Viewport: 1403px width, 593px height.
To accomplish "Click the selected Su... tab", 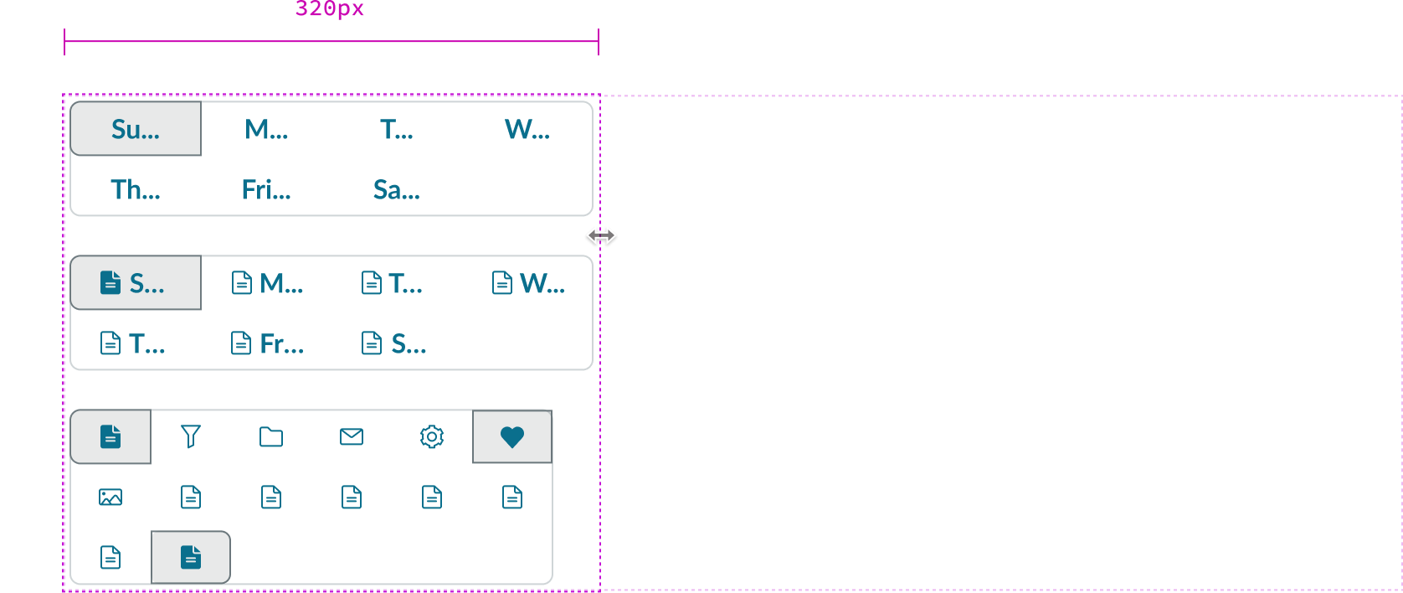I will (x=136, y=129).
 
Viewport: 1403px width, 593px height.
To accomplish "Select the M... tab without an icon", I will (x=266, y=129).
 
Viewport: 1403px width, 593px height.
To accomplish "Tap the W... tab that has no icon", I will (x=527, y=129).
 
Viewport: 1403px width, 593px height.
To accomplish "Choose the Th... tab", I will (x=136, y=189).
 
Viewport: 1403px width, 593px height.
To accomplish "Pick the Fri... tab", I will (x=266, y=189).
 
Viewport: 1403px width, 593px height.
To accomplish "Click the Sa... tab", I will (x=397, y=189).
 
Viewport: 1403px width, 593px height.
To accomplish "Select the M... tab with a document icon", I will (x=266, y=283).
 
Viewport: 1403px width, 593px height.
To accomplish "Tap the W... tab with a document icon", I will (x=527, y=283).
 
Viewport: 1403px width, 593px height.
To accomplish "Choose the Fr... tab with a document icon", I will (x=266, y=343).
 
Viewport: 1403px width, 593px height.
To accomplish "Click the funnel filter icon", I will (x=191, y=436).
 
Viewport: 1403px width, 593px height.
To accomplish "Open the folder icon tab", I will (x=271, y=436).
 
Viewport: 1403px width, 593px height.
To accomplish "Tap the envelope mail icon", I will (x=352, y=436).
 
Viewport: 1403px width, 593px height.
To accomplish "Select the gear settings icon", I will (x=432, y=436).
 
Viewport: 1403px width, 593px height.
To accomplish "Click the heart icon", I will (x=512, y=436).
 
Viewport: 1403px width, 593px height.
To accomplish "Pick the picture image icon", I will (x=110, y=498).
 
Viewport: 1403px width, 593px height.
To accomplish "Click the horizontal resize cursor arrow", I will (x=601, y=235).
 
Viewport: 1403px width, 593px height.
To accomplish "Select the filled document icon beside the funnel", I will (x=110, y=436).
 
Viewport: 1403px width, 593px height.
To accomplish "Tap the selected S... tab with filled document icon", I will (x=136, y=283).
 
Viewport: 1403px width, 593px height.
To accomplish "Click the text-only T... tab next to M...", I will (x=397, y=129).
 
